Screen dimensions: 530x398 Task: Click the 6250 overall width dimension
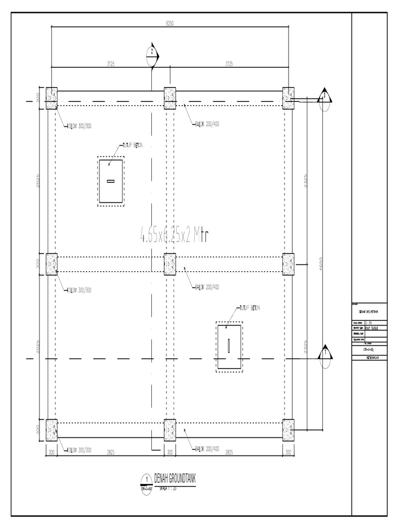click(x=170, y=23)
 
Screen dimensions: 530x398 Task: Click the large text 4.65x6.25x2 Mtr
click(x=174, y=236)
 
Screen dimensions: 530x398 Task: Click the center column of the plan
click(x=170, y=263)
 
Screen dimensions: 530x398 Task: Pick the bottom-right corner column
click(x=288, y=429)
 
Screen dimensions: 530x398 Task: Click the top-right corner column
click(x=288, y=97)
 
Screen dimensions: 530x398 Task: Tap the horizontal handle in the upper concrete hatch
click(x=110, y=181)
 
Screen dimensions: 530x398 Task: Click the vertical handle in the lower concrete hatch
click(x=229, y=346)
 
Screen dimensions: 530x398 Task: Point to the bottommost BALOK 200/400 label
click(x=207, y=448)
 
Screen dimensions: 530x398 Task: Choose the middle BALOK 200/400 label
click(x=207, y=287)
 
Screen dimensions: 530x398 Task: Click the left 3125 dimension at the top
click(x=110, y=64)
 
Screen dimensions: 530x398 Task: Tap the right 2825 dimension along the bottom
click(x=229, y=452)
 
